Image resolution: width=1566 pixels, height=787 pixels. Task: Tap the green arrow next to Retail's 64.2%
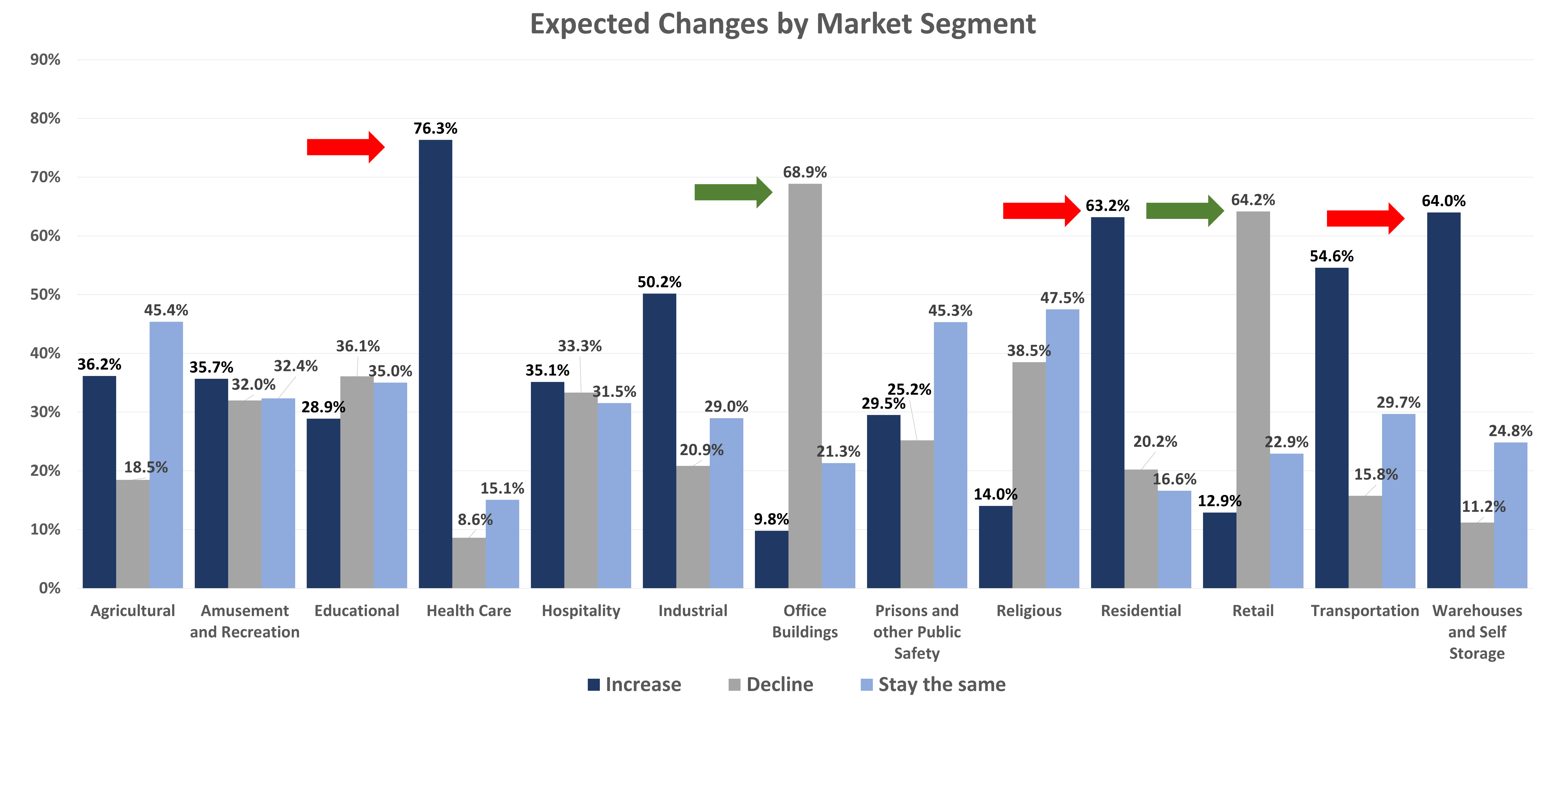(x=1184, y=211)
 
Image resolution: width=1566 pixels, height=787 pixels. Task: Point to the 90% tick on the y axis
(x=46, y=60)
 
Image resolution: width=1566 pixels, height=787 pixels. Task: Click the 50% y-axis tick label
(x=46, y=295)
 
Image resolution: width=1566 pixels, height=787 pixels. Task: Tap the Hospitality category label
(x=581, y=611)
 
